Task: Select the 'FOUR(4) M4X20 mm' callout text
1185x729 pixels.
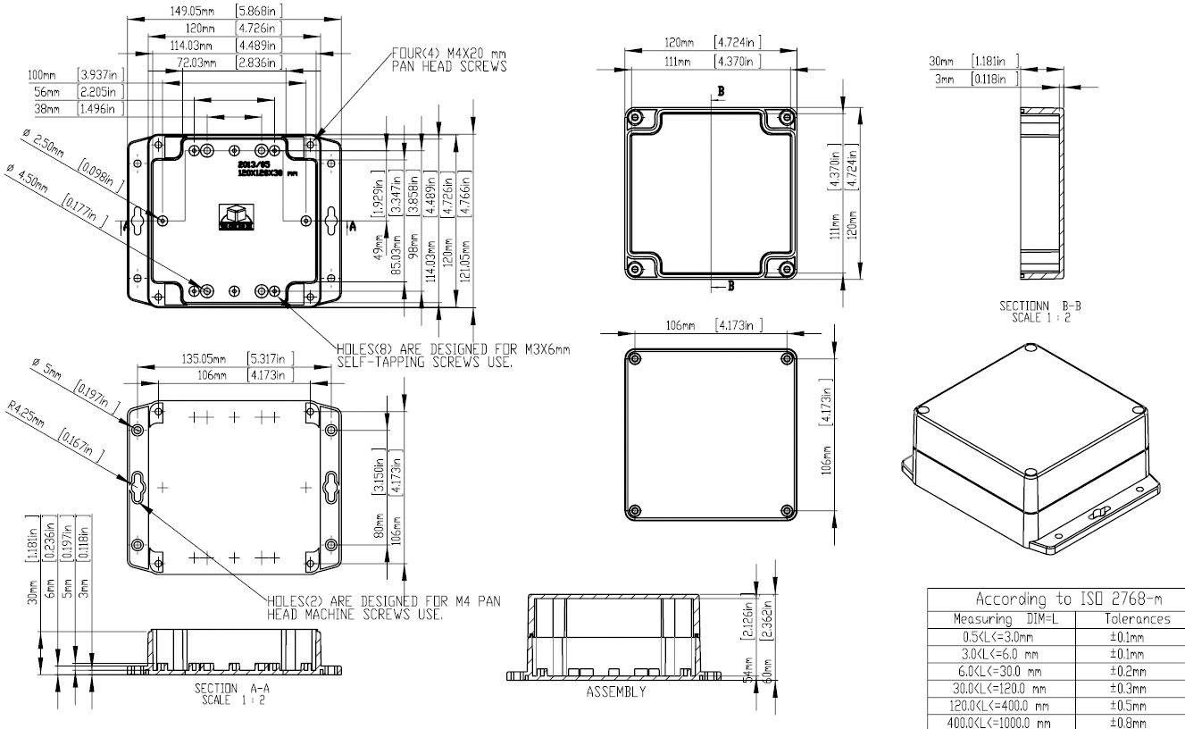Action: tap(448, 54)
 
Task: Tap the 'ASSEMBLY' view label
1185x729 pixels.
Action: tap(615, 692)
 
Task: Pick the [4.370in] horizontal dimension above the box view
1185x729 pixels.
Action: tap(737, 62)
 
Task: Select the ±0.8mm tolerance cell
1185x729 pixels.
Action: tap(1137, 722)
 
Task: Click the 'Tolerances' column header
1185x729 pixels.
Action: tap(1137, 618)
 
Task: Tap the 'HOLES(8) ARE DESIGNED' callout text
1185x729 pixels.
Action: tap(452, 349)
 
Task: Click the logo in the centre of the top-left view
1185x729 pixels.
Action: tap(237, 216)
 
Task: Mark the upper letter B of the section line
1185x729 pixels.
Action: tap(720, 92)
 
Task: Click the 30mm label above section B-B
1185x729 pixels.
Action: tap(942, 62)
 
